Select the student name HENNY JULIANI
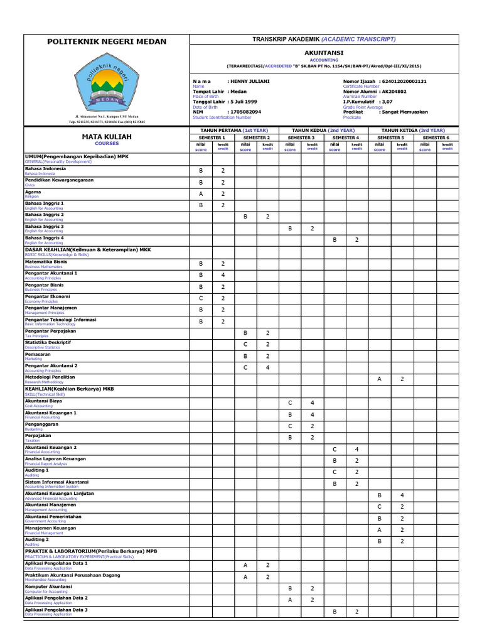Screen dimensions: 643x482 pyautogui.click(x=251, y=82)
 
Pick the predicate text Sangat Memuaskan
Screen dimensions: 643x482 pyautogui.click(x=408, y=111)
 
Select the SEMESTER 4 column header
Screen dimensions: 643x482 pyautogui.click(x=345, y=137)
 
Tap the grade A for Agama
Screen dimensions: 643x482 pyautogui.click(x=201, y=194)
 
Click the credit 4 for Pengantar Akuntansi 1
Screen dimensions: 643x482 pyautogui.click(x=223, y=275)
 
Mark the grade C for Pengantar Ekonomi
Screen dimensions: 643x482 pyautogui.click(x=201, y=298)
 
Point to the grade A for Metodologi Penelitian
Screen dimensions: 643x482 pyautogui.click(x=379, y=379)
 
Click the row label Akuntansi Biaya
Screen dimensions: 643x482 pyautogui.click(x=43, y=401)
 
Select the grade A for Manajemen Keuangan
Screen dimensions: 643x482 pyautogui.click(x=379, y=529)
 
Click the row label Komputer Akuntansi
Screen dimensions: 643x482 pyautogui.click(x=48, y=586)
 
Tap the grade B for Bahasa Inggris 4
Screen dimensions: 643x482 pyautogui.click(x=335, y=240)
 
